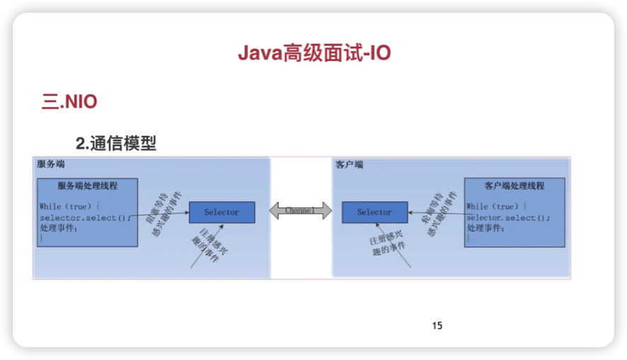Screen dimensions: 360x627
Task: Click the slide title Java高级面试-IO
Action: (x=314, y=54)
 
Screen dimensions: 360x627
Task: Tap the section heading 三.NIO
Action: (x=69, y=102)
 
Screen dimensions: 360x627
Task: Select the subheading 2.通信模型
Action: (x=115, y=143)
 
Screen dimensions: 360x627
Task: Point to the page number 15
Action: (x=437, y=325)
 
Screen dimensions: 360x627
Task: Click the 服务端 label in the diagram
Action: (x=51, y=164)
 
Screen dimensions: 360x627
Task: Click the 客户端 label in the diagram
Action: (x=349, y=164)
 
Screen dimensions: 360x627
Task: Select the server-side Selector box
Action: (x=222, y=213)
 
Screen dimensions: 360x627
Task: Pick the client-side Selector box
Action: (x=374, y=213)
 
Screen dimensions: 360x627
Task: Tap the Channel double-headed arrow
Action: (x=300, y=210)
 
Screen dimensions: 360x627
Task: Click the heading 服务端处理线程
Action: (x=88, y=186)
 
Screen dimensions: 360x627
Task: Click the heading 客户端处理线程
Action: (x=514, y=186)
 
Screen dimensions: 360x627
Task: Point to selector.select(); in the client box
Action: (x=508, y=218)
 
